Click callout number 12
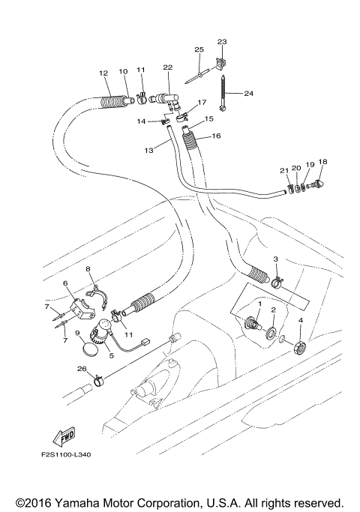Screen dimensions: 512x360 (x=104, y=73)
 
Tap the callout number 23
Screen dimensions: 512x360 (x=221, y=41)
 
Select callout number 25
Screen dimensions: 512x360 (x=199, y=49)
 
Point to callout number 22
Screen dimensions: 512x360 (x=168, y=67)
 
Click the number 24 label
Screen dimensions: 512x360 (x=249, y=94)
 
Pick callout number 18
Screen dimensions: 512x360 (x=323, y=162)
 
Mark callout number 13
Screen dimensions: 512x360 (x=148, y=151)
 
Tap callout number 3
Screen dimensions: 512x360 (x=276, y=259)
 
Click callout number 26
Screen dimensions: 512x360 (x=80, y=368)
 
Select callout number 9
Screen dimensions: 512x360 (x=78, y=332)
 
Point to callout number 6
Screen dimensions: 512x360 (x=65, y=283)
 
